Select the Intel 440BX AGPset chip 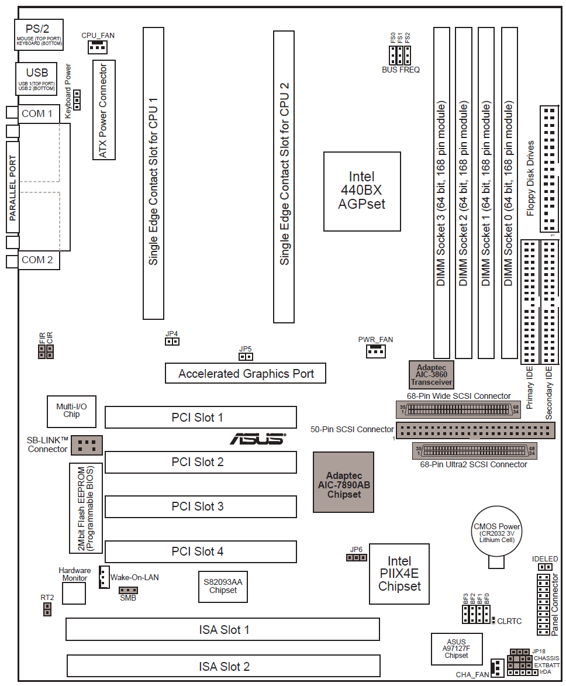pos(363,191)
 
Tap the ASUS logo pos(257,439)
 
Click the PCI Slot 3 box pos(201,506)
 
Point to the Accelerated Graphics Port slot pos(246,374)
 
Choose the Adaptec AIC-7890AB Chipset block pos(343,482)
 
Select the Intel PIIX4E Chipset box pos(399,574)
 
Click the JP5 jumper pos(246,356)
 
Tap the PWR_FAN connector pos(375,351)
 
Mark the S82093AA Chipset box pos(223,586)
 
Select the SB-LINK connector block pos(87,444)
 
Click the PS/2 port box pos(39,35)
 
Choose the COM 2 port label pos(37,260)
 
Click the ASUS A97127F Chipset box pos(457,649)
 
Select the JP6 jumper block pos(356,557)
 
